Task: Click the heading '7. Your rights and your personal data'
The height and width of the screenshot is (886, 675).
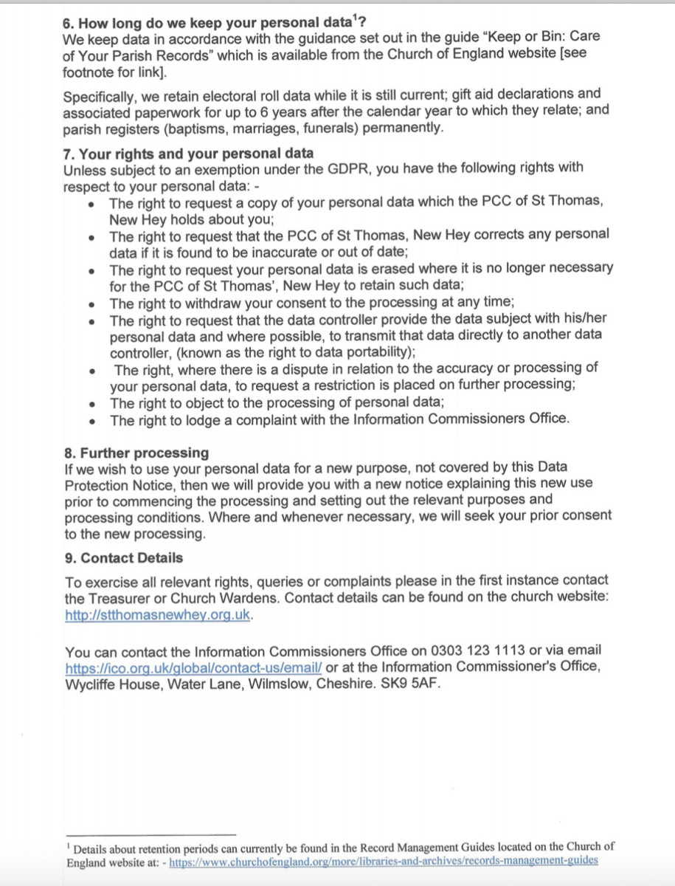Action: pyautogui.click(x=188, y=154)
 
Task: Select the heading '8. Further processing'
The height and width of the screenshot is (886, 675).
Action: pyautogui.click(x=136, y=453)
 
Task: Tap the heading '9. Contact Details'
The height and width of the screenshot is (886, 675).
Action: pyautogui.click(x=124, y=557)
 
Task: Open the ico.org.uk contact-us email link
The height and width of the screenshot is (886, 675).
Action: pyautogui.click(x=194, y=667)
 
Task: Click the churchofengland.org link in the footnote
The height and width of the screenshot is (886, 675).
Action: pyautogui.click(x=384, y=861)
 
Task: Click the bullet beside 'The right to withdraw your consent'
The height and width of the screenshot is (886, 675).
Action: pyautogui.click(x=91, y=303)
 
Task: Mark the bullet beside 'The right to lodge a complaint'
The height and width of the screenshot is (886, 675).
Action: pyautogui.click(x=91, y=421)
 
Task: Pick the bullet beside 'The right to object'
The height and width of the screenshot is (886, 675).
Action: pyautogui.click(x=91, y=404)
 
